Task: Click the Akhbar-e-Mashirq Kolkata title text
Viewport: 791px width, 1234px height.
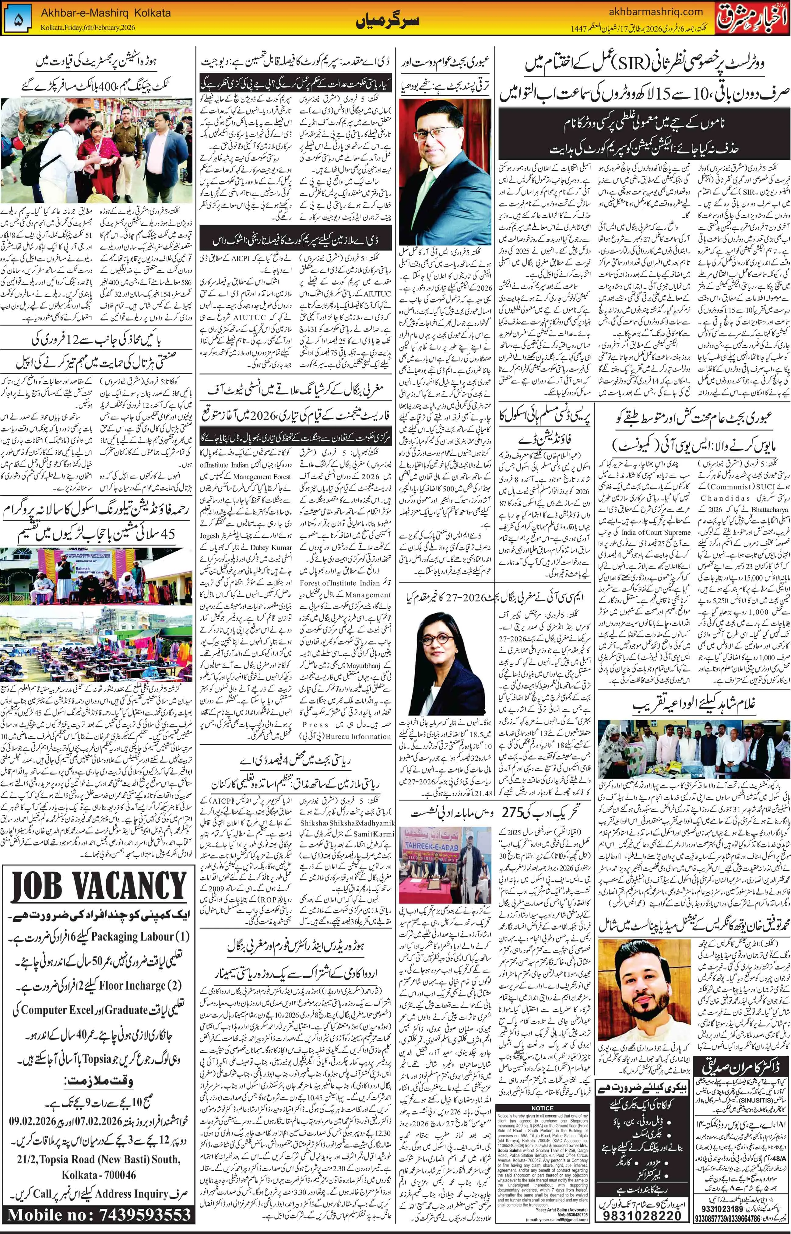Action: [x=106, y=13]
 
